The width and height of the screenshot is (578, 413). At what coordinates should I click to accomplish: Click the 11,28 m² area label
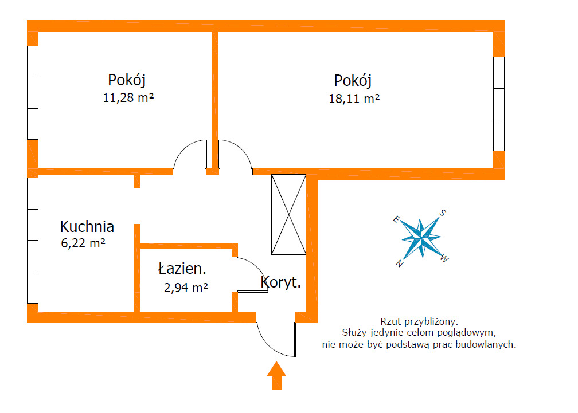[x=128, y=97]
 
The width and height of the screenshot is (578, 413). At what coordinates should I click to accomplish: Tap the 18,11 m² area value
[x=354, y=99]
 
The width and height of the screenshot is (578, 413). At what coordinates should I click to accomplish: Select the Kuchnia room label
[x=87, y=226]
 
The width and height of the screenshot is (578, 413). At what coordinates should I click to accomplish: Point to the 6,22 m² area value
[x=83, y=243]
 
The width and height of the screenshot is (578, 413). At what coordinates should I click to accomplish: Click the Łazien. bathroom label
[x=182, y=268]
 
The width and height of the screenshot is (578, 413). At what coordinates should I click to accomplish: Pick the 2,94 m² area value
[x=186, y=287]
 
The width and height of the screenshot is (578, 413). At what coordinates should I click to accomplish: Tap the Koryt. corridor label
[x=281, y=282]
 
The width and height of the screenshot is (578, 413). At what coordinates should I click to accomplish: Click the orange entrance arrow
[x=276, y=375]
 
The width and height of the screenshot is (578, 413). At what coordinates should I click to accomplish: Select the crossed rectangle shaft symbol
[x=288, y=214]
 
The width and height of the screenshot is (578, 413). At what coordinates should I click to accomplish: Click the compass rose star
[x=421, y=238]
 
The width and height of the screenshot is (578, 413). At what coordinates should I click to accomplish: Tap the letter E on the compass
[x=396, y=219]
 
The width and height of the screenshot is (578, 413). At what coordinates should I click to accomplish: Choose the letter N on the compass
[x=400, y=263]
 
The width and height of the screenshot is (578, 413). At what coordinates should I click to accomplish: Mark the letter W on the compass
[x=444, y=259]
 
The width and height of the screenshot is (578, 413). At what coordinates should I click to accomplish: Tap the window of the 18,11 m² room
[x=499, y=104]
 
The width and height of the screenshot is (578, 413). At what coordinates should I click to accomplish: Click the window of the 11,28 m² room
[x=33, y=93]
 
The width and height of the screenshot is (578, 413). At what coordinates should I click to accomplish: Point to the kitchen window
[x=33, y=241]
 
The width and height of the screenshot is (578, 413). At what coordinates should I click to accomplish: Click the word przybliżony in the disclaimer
[x=431, y=322]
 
